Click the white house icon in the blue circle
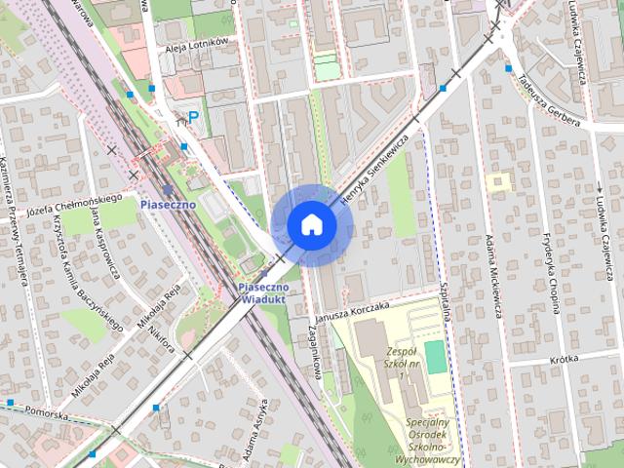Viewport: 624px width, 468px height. click(311, 224)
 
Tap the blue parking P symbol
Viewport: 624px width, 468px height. click(193, 117)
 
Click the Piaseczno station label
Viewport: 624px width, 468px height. click(168, 206)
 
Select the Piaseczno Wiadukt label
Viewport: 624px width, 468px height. click(263, 293)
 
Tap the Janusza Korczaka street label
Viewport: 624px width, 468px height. click(352, 311)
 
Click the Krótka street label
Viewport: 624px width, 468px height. click(564, 359)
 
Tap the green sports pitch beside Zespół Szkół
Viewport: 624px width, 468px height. click(436, 358)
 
